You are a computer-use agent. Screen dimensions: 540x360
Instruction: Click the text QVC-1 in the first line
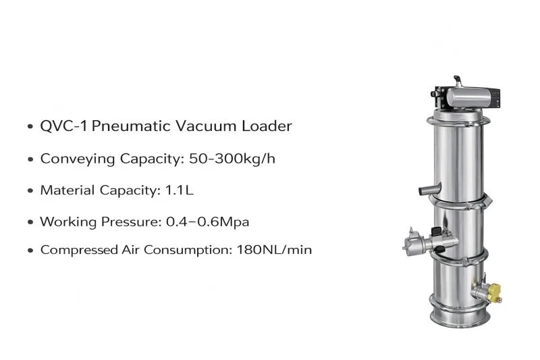(x=63, y=126)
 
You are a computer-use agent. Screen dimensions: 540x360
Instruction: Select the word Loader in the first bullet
(x=267, y=126)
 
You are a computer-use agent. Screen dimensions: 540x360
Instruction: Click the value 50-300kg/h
(x=232, y=159)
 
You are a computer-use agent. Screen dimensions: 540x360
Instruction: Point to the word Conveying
(x=78, y=159)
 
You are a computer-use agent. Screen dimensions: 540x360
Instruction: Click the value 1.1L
(x=180, y=190)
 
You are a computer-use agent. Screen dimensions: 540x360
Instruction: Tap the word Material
(x=67, y=190)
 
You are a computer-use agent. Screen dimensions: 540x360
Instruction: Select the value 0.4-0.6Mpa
(x=207, y=222)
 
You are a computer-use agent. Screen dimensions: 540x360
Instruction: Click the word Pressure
(x=131, y=222)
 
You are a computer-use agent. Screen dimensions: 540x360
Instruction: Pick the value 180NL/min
(x=274, y=250)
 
